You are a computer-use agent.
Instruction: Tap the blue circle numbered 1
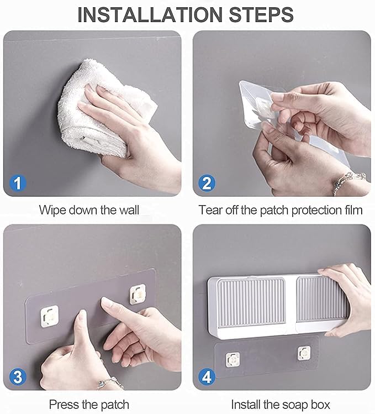pos(18,182)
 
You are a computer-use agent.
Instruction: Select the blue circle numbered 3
pos(18,377)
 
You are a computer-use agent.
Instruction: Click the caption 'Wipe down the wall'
pos(89,211)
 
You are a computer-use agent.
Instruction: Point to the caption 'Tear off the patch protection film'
pos(281,211)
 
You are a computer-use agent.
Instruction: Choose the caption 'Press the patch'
pos(89,404)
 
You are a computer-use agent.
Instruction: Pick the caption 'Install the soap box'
pos(281,404)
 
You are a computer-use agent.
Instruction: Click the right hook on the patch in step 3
pos(137,294)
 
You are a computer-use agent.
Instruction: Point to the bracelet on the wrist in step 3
pos(109,382)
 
